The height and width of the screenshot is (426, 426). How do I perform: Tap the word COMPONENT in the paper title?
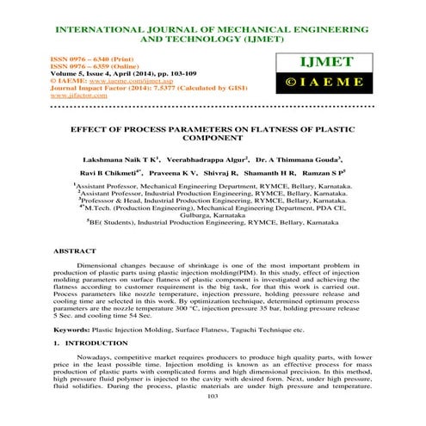[x=213, y=138]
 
